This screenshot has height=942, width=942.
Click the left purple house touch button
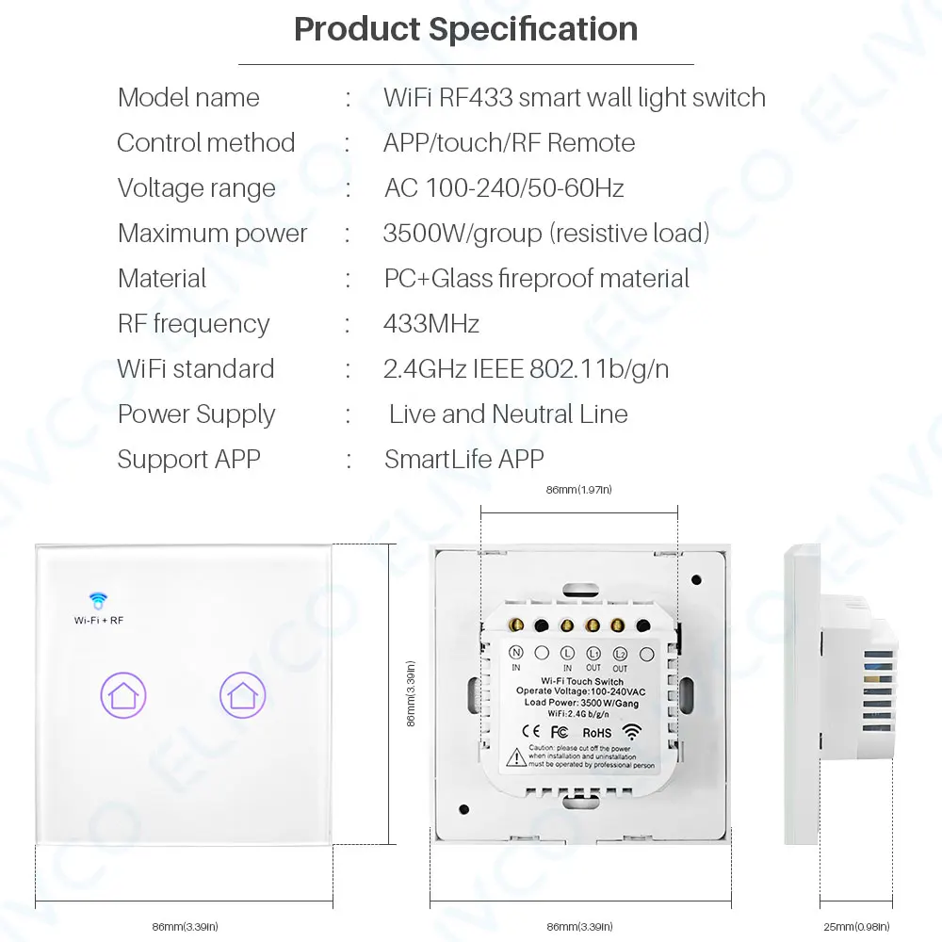123,696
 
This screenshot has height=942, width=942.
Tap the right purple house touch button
243,696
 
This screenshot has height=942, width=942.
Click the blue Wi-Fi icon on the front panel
98,599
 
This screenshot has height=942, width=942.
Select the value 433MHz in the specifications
431,324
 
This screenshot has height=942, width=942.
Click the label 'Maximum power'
212,234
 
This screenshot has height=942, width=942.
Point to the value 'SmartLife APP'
464,460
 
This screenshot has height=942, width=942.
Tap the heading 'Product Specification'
465,29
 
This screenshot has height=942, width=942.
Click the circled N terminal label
516,652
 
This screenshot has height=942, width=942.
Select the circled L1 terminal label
593,652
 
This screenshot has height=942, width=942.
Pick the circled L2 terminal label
620,652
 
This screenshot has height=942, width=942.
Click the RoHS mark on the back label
596,732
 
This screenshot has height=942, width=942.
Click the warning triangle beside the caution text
517,756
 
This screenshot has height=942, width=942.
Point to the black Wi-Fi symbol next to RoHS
631,731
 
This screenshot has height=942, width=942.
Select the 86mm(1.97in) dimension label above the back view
579,490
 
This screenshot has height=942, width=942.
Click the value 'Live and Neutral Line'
508,414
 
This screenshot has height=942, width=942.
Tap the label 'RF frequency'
193,324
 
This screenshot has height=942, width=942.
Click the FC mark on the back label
558,732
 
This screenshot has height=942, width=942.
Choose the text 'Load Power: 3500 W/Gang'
571,701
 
